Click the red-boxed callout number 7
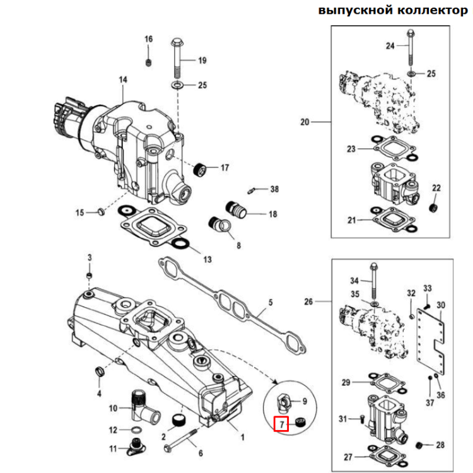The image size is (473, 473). (x=281, y=424)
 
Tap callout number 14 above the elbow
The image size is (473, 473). (x=123, y=79)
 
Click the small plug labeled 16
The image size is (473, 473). (x=149, y=62)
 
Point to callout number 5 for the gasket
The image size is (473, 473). (x=270, y=303)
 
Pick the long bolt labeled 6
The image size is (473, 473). (x=181, y=439)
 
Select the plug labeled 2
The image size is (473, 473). (x=178, y=420)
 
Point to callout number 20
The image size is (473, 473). (x=305, y=122)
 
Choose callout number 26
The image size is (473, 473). (x=308, y=301)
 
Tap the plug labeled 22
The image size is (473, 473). (x=433, y=207)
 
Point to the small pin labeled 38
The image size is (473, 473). (x=252, y=189)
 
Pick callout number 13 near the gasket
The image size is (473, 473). (x=207, y=259)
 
